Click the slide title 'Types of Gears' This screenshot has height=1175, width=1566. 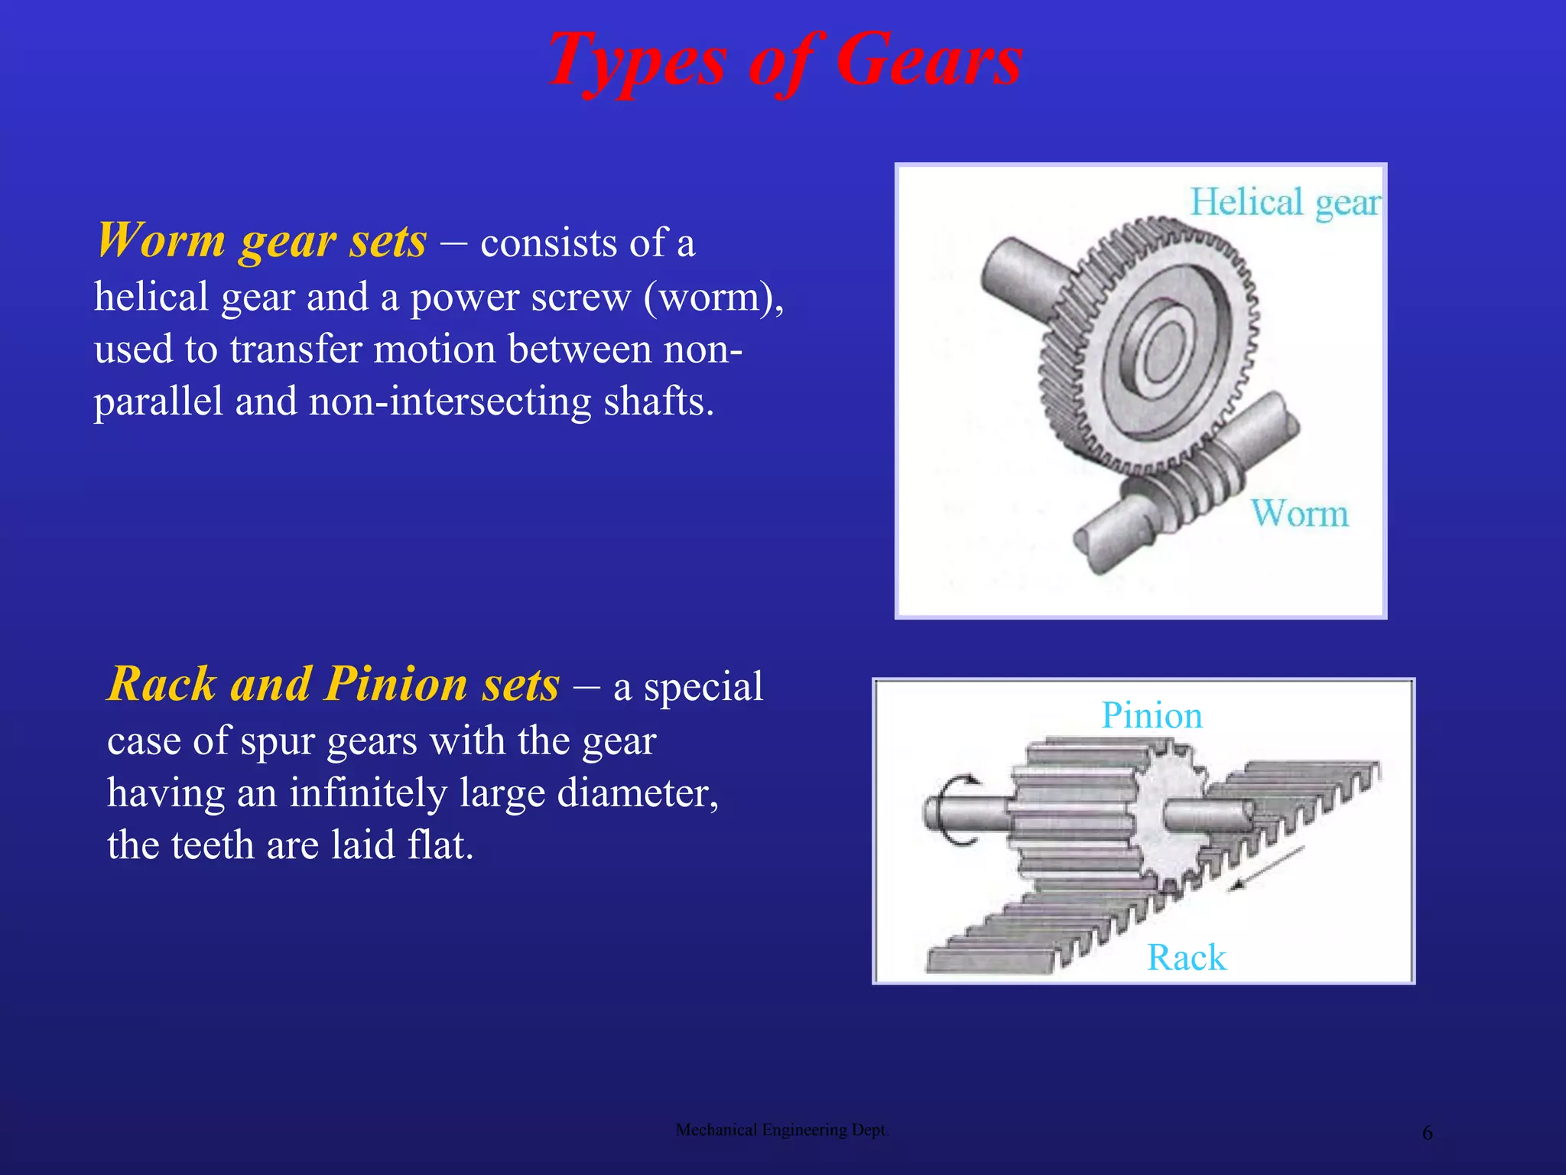[785, 61]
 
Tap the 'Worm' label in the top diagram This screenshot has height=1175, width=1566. [1299, 513]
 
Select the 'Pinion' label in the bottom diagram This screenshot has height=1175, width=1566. [1152, 716]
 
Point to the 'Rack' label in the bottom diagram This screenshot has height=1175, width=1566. [1186, 958]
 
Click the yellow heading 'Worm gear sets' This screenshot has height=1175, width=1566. [262, 242]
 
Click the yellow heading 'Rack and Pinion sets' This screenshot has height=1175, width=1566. [333, 684]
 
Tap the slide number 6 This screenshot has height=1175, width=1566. [1427, 1133]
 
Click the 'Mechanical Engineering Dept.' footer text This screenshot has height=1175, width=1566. [781, 1130]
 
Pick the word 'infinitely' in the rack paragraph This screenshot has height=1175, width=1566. [368, 793]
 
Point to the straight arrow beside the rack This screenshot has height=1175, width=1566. [1265, 868]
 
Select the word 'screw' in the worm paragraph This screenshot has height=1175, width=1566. [580, 297]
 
